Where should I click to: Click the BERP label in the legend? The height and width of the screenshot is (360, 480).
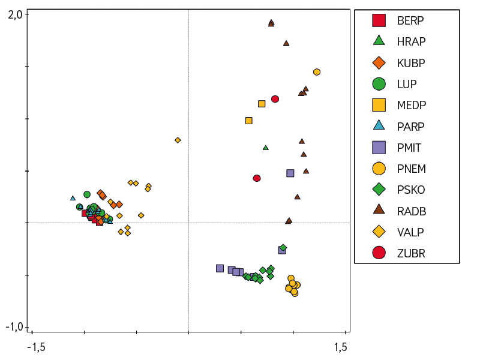(x=410, y=20)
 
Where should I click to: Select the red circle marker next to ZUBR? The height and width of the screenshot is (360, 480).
(x=379, y=253)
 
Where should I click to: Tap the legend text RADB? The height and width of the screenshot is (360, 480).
(x=412, y=211)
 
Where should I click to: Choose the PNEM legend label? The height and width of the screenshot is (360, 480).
(x=412, y=169)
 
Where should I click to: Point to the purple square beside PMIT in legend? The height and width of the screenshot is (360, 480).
(x=379, y=147)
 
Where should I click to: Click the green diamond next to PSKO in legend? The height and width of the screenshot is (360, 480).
(x=379, y=190)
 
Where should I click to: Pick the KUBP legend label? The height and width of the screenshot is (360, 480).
(x=412, y=62)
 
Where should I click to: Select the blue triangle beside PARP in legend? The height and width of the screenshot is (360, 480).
(x=379, y=126)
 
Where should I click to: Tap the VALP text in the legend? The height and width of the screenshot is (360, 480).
(x=411, y=232)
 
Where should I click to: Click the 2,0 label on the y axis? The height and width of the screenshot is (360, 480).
(x=16, y=14)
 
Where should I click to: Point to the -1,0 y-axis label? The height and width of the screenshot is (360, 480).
(x=14, y=327)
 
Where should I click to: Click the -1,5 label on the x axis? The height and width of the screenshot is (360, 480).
(x=38, y=347)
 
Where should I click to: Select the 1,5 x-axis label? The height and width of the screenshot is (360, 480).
(x=340, y=347)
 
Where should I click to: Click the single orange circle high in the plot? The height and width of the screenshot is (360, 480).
(x=317, y=72)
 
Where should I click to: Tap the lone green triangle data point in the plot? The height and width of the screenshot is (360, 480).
(x=266, y=148)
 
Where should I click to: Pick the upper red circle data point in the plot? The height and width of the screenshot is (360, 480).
(x=275, y=99)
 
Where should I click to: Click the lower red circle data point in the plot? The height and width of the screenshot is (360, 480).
(x=257, y=178)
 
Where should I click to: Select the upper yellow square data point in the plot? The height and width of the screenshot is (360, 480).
(x=262, y=104)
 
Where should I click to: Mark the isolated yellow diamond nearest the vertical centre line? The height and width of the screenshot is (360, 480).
(x=178, y=140)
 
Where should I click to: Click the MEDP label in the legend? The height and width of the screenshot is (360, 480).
(x=412, y=105)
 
